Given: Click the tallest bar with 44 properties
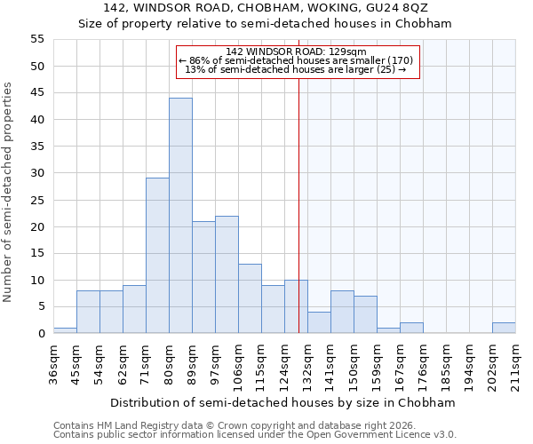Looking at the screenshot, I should [180, 216].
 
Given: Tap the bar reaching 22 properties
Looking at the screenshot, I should [227, 274].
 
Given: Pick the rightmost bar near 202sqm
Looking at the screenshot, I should [504, 328].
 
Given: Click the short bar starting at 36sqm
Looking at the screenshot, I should [65, 330].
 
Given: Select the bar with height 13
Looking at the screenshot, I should [250, 298].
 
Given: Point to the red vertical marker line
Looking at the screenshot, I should [298, 204].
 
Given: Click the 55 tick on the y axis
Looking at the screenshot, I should [37, 39].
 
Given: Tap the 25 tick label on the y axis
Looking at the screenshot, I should [37, 200].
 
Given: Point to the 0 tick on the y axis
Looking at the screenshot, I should [41, 334].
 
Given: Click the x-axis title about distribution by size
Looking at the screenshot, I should [283, 402].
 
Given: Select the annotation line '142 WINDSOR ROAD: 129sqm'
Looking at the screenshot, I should [296, 52].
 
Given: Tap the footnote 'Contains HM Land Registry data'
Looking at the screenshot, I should [138, 425].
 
